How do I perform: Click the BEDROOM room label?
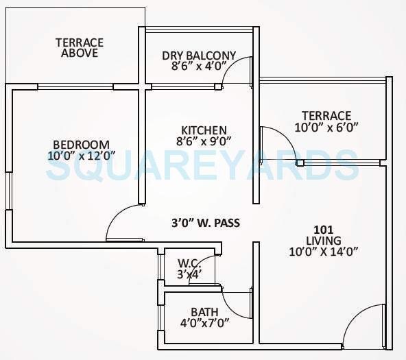click(81, 144)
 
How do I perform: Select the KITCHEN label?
click(204, 130)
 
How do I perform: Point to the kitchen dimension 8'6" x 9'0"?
click(204, 141)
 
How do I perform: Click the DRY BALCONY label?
click(199, 56)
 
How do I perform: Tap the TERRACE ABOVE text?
click(80, 47)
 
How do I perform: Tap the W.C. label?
click(188, 263)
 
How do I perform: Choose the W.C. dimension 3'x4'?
click(188, 274)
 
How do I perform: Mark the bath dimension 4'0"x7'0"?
click(204, 323)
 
